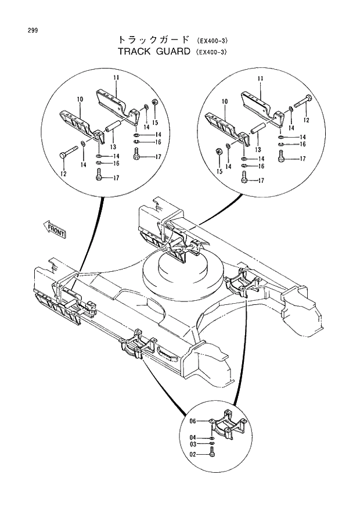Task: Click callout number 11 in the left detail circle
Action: tap(116, 78)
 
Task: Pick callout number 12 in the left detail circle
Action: tap(64, 174)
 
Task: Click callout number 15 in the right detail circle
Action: tap(219, 171)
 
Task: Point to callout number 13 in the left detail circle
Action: tap(113, 146)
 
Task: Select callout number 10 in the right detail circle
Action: tap(224, 102)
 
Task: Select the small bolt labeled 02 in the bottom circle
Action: tap(213, 456)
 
